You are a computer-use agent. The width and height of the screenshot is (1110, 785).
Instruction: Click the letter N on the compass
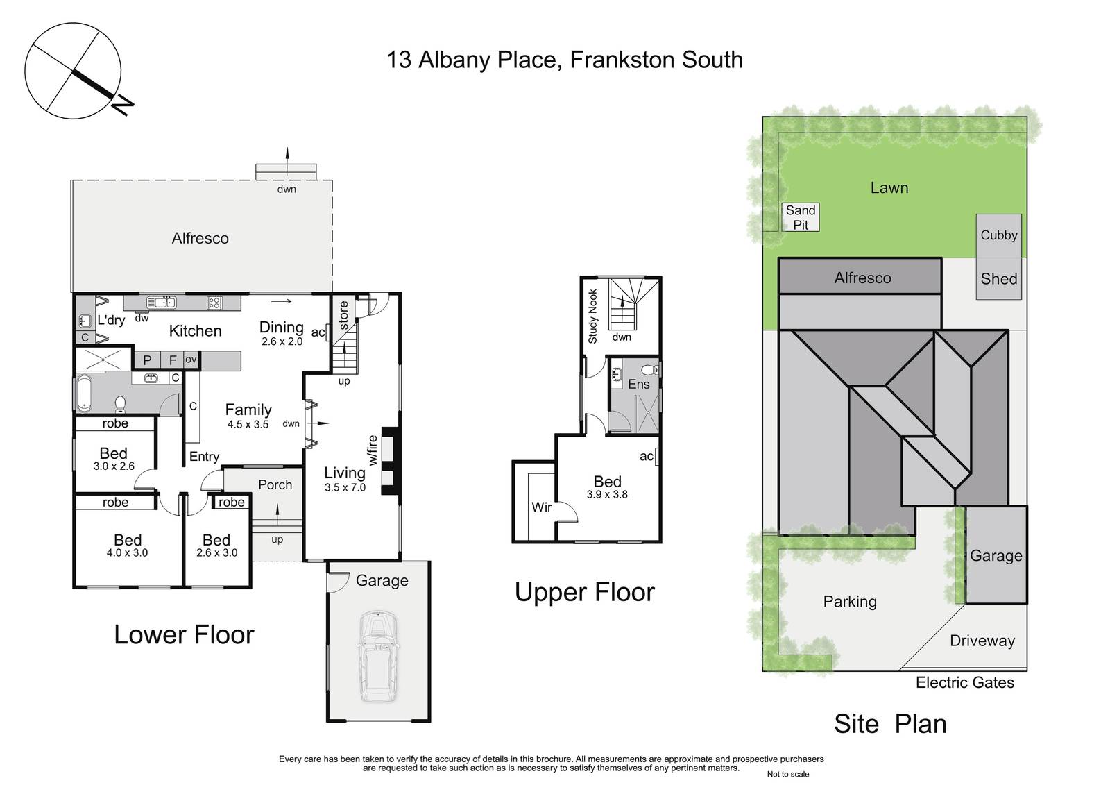[x=122, y=105]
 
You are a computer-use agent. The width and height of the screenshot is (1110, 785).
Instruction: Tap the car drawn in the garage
[x=378, y=656]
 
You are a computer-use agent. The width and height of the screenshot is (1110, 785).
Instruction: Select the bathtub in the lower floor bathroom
[x=83, y=394]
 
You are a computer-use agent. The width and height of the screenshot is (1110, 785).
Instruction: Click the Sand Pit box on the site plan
[x=801, y=217]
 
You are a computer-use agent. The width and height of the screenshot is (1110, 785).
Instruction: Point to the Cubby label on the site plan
[x=998, y=235]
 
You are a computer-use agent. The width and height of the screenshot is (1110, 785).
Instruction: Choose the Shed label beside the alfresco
[x=998, y=279]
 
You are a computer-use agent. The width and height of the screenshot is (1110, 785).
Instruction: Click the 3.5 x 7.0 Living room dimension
[x=345, y=487]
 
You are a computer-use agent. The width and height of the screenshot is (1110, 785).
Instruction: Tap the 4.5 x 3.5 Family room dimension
[x=248, y=425]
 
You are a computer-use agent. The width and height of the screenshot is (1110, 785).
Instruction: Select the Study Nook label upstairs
[x=592, y=316]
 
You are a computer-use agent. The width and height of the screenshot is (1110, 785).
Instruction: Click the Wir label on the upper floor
[x=541, y=507]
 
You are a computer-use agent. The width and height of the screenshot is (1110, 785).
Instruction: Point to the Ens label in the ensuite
[x=639, y=385]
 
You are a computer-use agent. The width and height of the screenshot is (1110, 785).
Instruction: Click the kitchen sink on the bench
[x=161, y=303]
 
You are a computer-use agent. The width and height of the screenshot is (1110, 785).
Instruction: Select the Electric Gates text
[x=965, y=683]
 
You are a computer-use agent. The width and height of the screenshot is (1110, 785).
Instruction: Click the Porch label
[x=275, y=484]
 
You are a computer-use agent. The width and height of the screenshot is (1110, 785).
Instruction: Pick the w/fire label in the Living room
[x=373, y=450]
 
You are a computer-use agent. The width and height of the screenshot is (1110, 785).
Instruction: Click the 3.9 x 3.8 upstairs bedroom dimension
[x=607, y=494]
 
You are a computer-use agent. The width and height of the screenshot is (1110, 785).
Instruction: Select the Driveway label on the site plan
[x=982, y=641]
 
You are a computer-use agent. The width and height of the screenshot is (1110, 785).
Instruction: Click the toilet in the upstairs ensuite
[x=650, y=370]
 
